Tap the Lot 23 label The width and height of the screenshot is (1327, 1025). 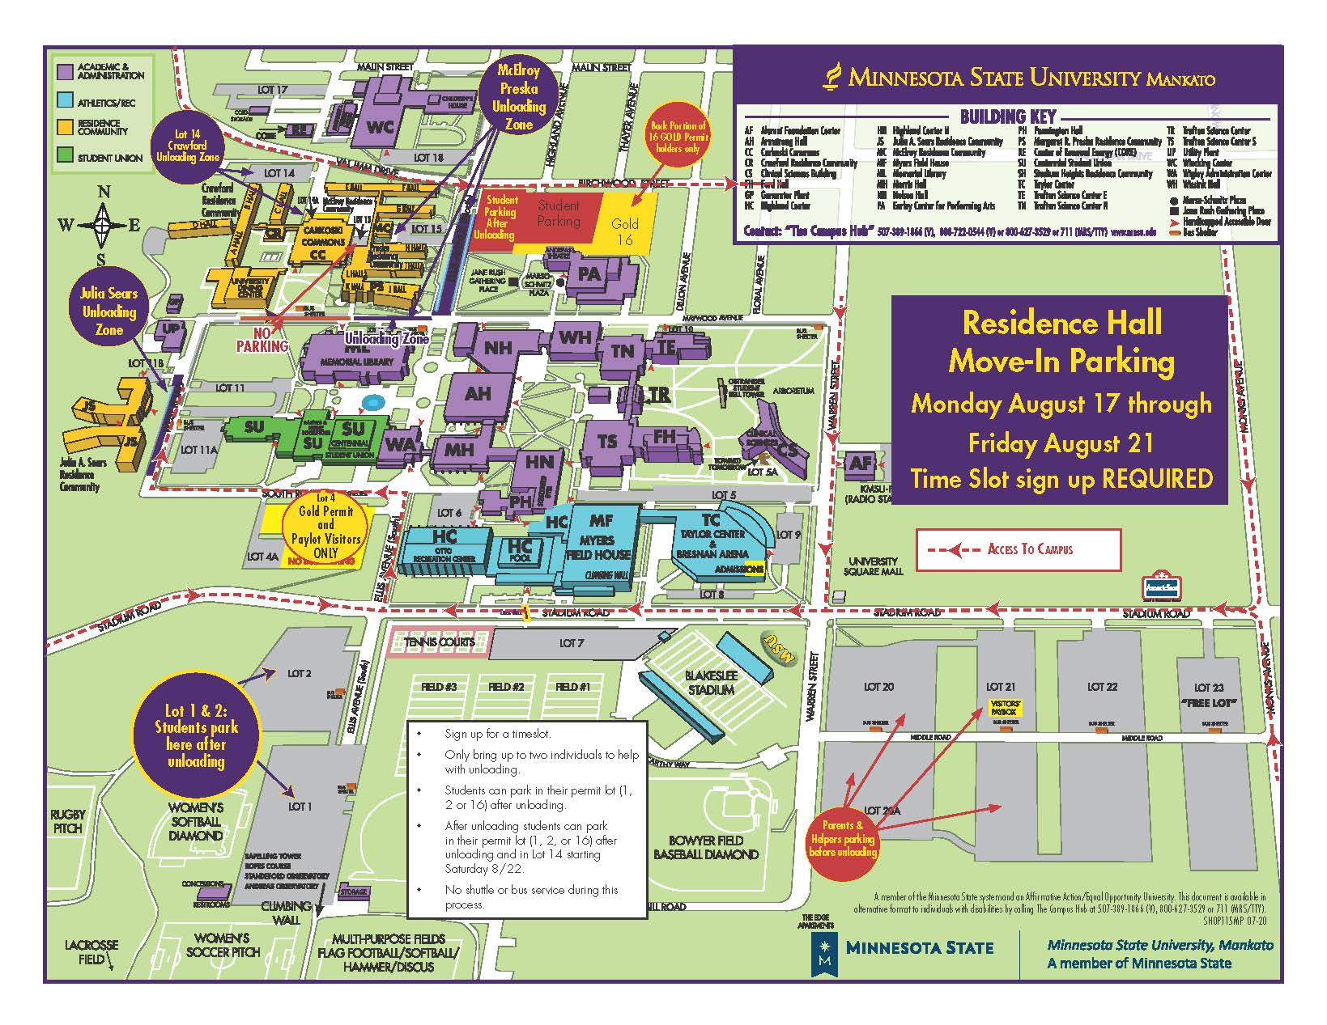1207,688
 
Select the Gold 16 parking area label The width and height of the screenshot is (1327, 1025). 625,231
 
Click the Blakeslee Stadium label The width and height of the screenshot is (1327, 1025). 710,683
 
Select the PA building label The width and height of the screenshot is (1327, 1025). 590,274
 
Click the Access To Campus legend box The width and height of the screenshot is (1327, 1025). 1019,549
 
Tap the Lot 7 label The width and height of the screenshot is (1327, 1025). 571,643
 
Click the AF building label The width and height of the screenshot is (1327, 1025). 860,463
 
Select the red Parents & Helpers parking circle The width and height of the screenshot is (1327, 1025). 843,837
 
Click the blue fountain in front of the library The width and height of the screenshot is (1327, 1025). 372,402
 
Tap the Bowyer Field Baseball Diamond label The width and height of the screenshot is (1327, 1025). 706,847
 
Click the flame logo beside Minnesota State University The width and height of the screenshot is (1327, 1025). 830,77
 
